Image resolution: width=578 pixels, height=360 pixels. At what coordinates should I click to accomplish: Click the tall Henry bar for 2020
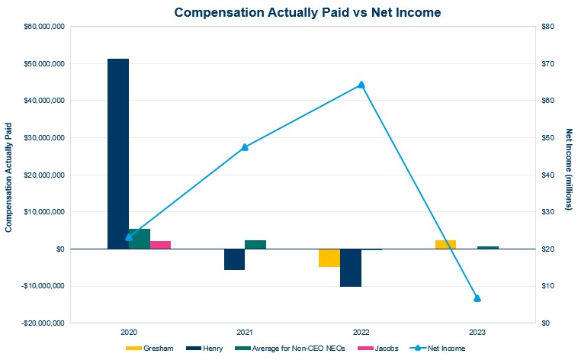click(x=118, y=153)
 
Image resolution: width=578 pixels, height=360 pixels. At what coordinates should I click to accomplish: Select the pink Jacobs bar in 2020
click(x=160, y=245)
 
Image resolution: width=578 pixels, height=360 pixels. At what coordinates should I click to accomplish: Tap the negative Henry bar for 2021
click(x=234, y=259)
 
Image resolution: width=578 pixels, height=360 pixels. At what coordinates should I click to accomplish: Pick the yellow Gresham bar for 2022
click(x=329, y=258)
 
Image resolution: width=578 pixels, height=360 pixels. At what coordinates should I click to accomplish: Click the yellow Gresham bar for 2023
click(x=445, y=244)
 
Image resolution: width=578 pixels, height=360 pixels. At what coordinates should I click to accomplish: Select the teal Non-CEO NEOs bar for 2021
click(x=255, y=244)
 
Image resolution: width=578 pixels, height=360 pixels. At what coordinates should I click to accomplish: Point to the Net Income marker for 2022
click(x=361, y=85)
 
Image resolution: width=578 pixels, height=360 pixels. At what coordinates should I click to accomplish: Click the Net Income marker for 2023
click(x=477, y=298)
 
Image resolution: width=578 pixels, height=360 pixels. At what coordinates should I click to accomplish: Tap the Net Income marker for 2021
click(x=245, y=147)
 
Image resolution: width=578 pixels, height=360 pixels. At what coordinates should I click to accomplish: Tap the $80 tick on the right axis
click(x=547, y=27)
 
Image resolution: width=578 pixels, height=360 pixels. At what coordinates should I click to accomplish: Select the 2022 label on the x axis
click(x=361, y=333)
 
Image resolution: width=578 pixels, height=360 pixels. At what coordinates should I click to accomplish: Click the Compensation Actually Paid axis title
click(x=9, y=175)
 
